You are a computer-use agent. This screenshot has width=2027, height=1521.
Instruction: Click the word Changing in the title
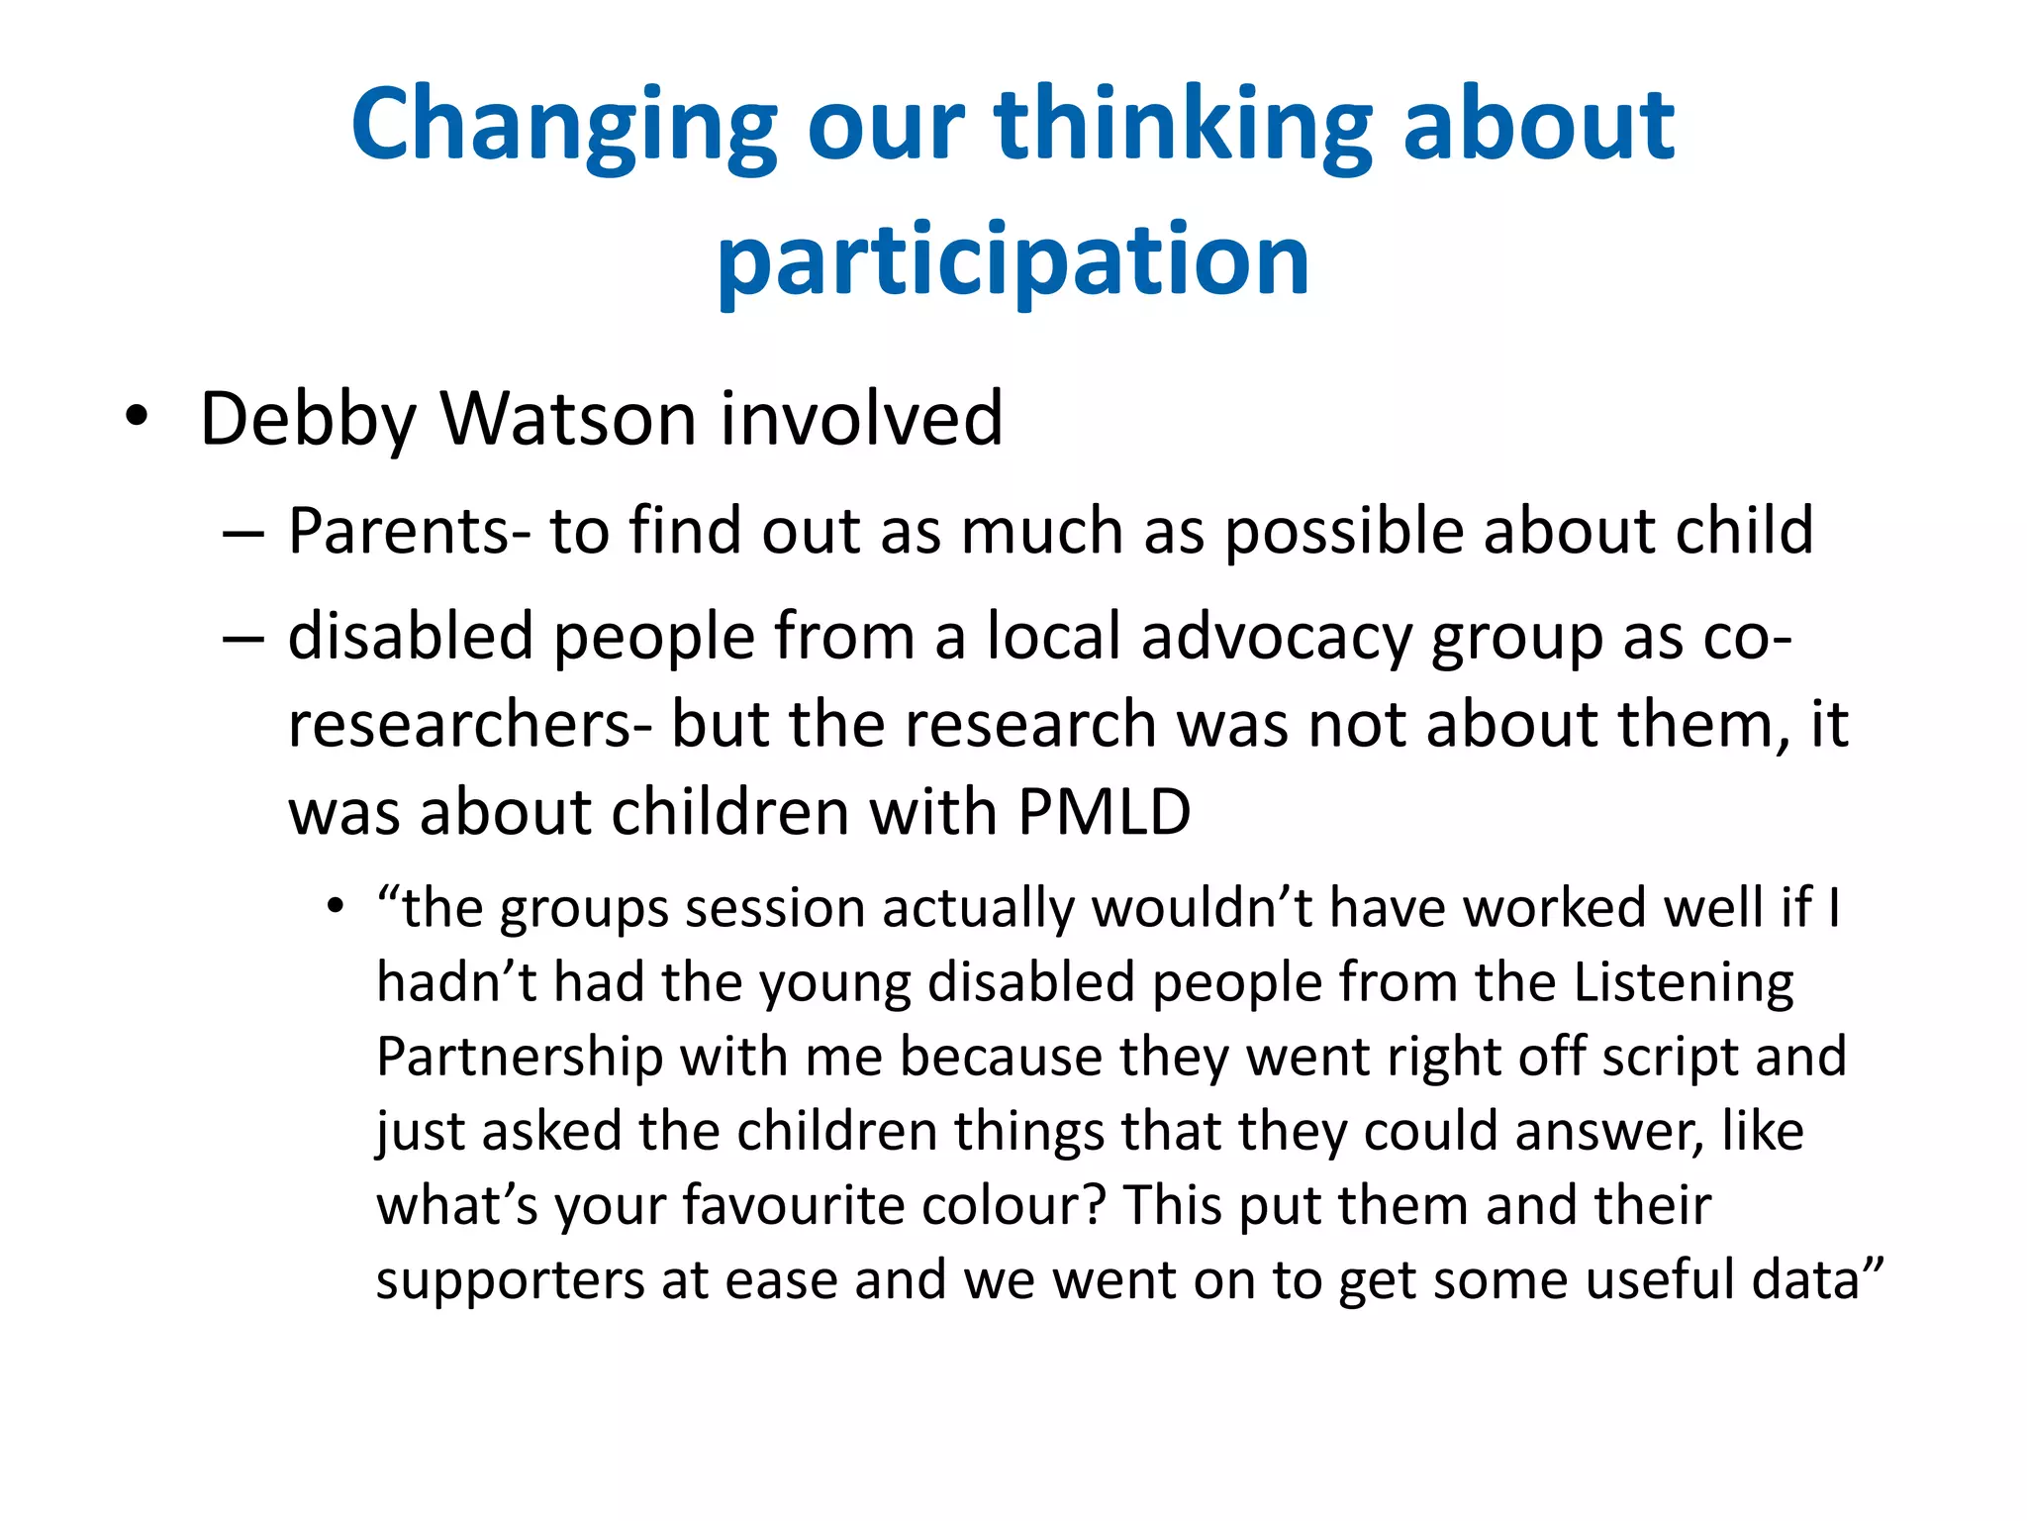click(564, 126)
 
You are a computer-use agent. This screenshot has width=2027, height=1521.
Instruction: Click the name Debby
click(308, 420)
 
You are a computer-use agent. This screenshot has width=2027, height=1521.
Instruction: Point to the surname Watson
click(569, 418)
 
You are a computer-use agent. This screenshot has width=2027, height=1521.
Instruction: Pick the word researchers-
click(469, 724)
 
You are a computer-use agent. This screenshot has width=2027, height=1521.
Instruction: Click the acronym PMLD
click(1104, 813)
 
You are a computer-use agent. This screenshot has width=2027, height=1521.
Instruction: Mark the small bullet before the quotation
click(337, 907)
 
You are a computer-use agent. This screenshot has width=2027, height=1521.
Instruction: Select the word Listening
click(1684, 984)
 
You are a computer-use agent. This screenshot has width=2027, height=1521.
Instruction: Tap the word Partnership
click(520, 1058)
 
